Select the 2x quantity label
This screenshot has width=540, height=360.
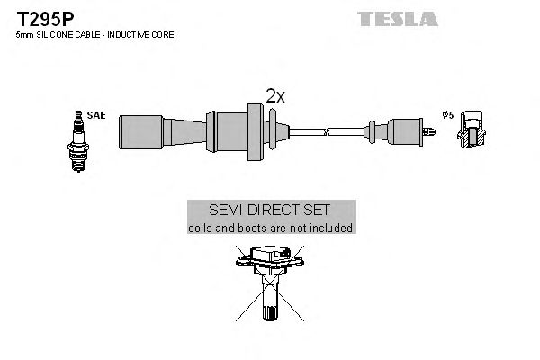pyautogui.click(x=274, y=96)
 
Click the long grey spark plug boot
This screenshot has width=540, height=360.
pyautogui.click(x=162, y=131)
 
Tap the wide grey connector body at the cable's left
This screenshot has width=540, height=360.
pyautogui.click(x=233, y=130)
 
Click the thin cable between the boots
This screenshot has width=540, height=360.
pyautogui.click(x=306, y=131)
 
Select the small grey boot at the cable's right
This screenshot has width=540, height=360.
pyautogui.click(x=397, y=131)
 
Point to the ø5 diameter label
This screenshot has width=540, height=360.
pyautogui.click(x=447, y=115)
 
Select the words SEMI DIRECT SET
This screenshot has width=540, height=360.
pyautogui.click(x=270, y=211)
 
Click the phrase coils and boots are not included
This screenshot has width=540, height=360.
pyautogui.click(x=270, y=229)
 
